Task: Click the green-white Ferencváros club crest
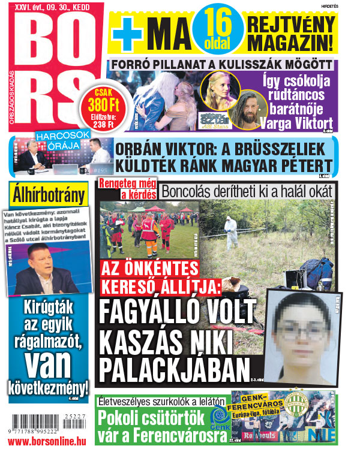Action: point(295,404)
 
